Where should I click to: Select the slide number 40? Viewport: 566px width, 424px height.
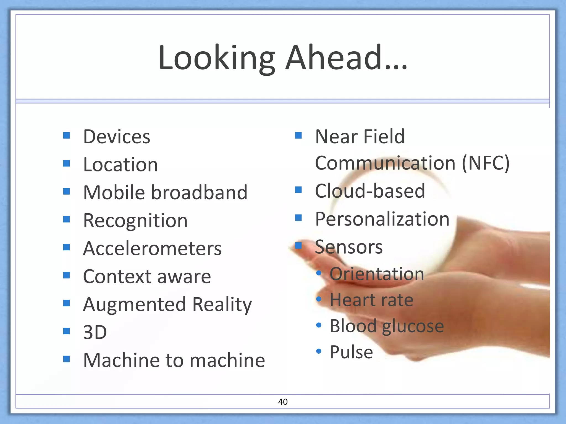(x=283, y=402)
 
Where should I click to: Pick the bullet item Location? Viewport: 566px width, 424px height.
(x=120, y=165)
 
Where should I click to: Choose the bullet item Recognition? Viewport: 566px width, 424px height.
(x=135, y=221)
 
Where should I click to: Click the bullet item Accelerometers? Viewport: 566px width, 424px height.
(x=152, y=248)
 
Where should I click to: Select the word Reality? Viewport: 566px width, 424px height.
(x=222, y=304)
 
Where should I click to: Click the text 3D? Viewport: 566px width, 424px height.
(x=95, y=332)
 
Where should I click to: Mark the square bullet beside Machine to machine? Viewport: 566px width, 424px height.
(x=66, y=359)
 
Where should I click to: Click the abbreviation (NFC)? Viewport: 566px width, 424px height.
(x=485, y=163)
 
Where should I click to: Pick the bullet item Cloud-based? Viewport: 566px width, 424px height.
(x=370, y=191)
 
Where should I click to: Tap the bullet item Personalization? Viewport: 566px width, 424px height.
(x=382, y=219)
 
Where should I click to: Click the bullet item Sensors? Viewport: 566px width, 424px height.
(x=349, y=247)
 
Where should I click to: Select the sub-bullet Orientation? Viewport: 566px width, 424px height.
(x=376, y=274)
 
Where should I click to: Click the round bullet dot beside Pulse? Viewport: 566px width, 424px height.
(x=319, y=351)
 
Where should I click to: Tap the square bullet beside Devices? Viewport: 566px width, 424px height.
(x=66, y=135)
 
